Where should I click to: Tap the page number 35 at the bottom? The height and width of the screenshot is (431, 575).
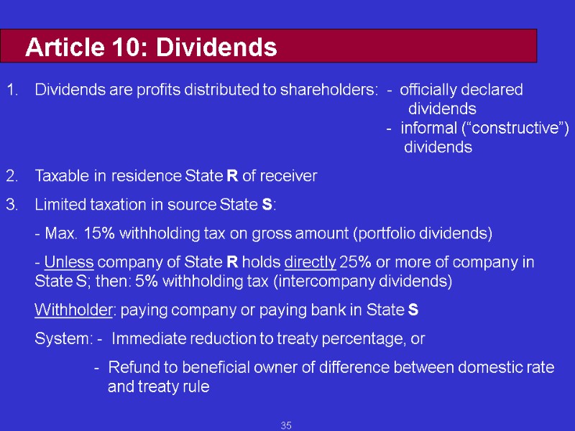(x=286, y=426)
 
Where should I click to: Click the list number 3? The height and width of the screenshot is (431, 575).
(x=11, y=205)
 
